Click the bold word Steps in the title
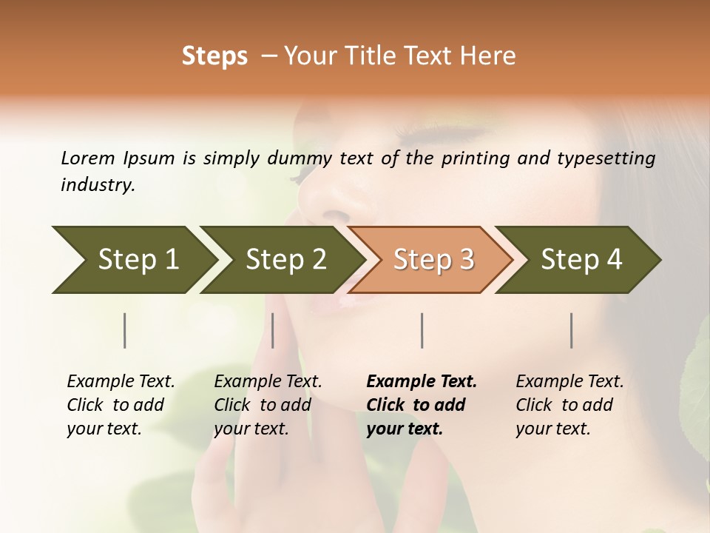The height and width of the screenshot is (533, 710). (214, 56)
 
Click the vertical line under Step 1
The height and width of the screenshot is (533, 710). (125, 330)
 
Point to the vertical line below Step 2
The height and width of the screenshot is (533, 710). (273, 330)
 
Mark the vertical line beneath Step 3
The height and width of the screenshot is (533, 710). (422, 330)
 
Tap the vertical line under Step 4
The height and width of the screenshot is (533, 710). (572, 330)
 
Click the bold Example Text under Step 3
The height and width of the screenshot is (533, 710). (422, 382)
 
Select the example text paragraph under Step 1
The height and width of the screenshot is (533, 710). (121, 405)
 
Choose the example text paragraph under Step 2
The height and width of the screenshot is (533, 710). (268, 405)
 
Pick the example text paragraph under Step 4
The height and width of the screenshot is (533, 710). (569, 405)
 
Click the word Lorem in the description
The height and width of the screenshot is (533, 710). (87, 158)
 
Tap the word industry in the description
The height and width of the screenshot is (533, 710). (97, 185)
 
